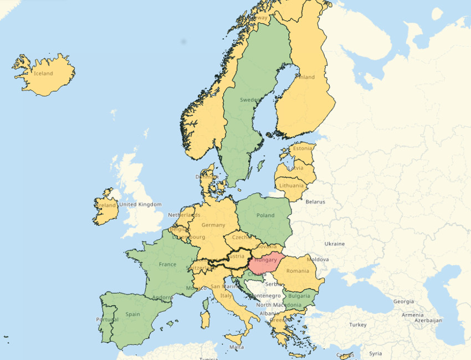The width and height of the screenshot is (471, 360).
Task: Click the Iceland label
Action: pyautogui.click(x=43, y=74)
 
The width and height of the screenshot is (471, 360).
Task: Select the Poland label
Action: pyautogui.click(x=265, y=215)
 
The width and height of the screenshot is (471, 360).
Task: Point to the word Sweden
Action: pyautogui.click(x=249, y=100)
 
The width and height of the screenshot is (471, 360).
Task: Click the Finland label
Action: pyautogui.click(x=304, y=78)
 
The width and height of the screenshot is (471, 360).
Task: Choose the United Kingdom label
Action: pyautogui.click(x=141, y=204)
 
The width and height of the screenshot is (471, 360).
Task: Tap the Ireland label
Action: pyautogui.click(x=106, y=205)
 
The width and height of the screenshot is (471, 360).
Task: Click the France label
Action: pyautogui.click(x=167, y=265)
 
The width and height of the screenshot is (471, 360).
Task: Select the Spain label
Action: pyautogui.click(x=132, y=314)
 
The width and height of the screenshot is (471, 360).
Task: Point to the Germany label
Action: pyautogui.click(x=213, y=225)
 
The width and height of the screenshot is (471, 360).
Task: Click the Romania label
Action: pyautogui.click(x=298, y=271)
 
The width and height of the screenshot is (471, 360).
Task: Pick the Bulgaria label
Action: pyautogui.click(x=299, y=296)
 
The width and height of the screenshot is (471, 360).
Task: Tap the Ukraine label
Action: pyautogui.click(x=334, y=244)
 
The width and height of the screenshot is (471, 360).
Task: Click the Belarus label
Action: pyautogui.click(x=315, y=202)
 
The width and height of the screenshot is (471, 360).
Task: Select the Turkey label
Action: pyautogui.click(x=358, y=325)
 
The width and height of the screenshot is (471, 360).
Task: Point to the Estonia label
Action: pyautogui.click(x=303, y=148)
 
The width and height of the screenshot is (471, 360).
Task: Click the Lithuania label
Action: pyautogui.click(x=291, y=186)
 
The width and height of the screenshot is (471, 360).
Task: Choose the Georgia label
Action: pyautogui.click(x=403, y=302)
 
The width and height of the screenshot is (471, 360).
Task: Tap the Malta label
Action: pyautogui.click(x=237, y=347)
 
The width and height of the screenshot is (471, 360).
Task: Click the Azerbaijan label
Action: pyautogui.click(x=426, y=320)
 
